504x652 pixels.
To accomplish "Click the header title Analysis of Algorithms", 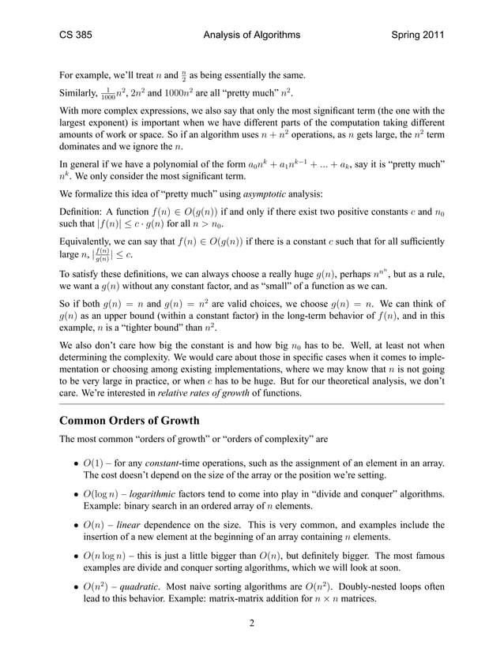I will pos(252,36).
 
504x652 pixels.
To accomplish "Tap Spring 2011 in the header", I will pos(412,36).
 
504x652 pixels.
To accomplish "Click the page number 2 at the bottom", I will pos(251,624).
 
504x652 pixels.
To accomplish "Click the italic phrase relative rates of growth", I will pos(227,392).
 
